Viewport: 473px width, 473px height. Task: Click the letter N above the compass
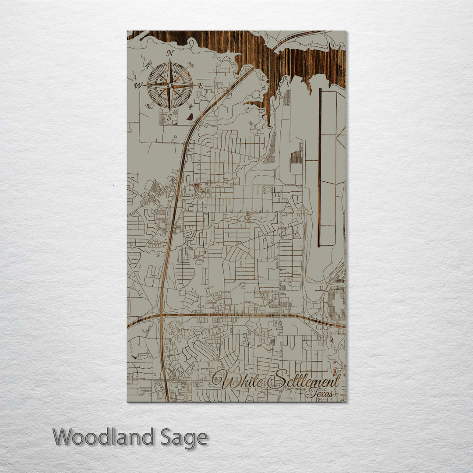coord(171,53)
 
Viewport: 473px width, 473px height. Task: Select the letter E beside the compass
coord(200,86)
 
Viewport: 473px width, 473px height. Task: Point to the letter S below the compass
coord(169,117)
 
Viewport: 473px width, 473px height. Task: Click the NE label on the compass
coord(190,65)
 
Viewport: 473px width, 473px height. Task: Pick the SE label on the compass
coord(190,106)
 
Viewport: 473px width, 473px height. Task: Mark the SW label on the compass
coord(149,106)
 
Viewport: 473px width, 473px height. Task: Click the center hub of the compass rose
coord(170,85)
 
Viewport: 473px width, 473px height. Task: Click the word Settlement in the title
coord(304,380)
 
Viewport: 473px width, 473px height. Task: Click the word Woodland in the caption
coord(103,437)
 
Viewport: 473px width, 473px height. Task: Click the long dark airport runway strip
coord(320,162)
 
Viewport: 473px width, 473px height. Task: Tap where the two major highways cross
coord(161,315)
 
